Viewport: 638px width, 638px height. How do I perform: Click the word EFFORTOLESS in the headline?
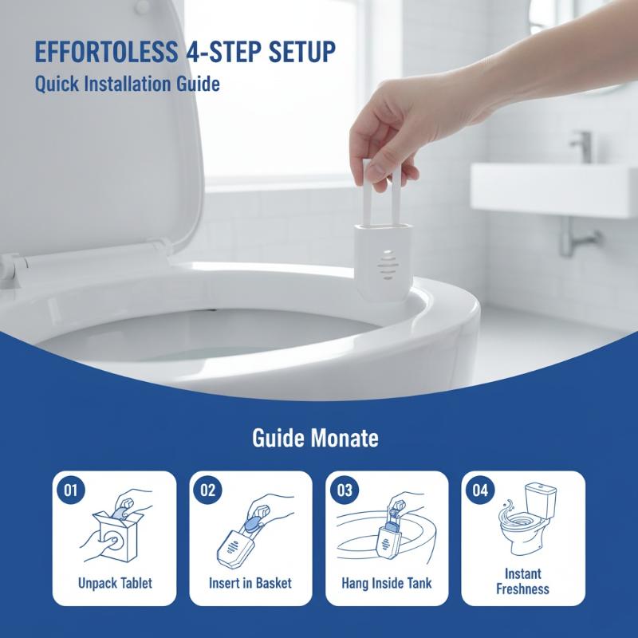pyautogui.click(x=106, y=52)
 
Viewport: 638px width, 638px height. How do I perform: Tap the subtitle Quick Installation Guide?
pyautogui.click(x=128, y=85)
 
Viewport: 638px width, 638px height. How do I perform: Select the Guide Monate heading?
pyautogui.click(x=315, y=438)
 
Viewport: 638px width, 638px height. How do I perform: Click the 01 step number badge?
pyautogui.click(x=70, y=490)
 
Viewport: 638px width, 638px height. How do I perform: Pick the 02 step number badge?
pyautogui.click(x=207, y=490)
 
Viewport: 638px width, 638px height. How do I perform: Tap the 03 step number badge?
pyautogui.click(x=345, y=490)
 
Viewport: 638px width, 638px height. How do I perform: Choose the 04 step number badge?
pyautogui.click(x=480, y=490)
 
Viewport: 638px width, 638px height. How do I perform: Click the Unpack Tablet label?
pyautogui.click(x=115, y=583)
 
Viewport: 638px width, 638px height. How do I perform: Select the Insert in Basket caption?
pyautogui.click(x=250, y=583)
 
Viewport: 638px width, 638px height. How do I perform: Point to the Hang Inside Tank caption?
pyautogui.click(x=387, y=583)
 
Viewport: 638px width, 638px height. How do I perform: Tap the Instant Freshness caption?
pyautogui.click(x=523, y=581)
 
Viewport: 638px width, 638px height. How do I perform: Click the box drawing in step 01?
pyautogui.click(x=116, y=535)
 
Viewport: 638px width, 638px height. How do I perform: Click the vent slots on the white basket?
pyautogui.click(x=388, y=265)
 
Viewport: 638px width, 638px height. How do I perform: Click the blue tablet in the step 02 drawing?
pyautogui.click(x=255, y=523)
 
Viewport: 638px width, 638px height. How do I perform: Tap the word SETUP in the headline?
pyautogui.click(x=302, y=52)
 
